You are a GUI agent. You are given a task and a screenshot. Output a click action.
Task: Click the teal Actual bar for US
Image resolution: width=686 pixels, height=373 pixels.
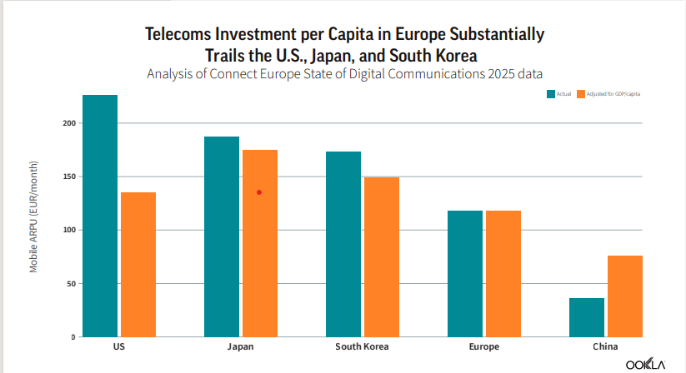coord(100,216)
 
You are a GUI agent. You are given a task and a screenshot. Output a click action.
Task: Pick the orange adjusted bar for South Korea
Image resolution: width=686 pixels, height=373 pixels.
coord(382,257)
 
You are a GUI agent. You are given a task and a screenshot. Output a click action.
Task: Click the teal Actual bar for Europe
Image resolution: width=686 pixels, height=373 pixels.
coord(465,274)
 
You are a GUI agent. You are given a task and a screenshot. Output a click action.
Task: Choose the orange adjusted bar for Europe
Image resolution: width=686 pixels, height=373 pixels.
coord(503,274)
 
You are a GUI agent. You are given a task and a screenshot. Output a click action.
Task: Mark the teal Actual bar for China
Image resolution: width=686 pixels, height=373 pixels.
coord(587,317)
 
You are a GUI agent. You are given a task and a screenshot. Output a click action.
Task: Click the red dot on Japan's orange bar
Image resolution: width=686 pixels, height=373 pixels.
coord(259,192)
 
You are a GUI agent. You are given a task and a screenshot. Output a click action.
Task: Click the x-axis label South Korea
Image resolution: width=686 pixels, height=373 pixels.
coord(362,346)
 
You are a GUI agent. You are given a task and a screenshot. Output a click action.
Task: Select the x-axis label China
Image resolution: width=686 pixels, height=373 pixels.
coord(606,346)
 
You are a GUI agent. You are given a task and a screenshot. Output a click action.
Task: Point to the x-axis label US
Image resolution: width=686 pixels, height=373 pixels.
coord(118,346)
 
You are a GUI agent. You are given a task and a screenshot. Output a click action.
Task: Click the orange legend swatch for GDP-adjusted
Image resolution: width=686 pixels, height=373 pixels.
coord(580,94)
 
